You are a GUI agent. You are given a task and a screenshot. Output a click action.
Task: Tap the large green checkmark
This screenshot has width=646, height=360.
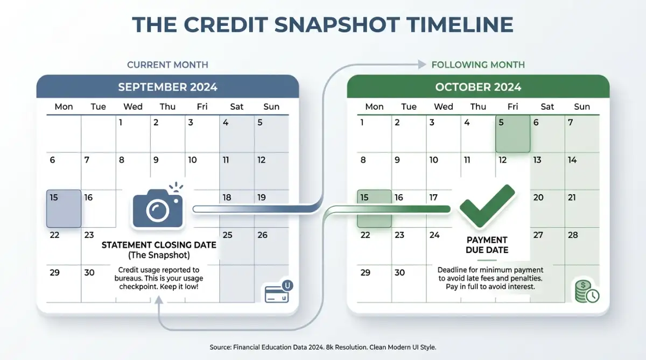pos(487,206)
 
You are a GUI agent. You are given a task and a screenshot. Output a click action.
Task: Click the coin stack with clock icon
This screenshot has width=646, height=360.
pos(587,292)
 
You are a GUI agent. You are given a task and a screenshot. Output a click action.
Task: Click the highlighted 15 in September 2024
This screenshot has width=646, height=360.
pos(64,209)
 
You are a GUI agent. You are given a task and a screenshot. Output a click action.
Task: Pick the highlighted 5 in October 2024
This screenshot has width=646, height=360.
pos(512,134)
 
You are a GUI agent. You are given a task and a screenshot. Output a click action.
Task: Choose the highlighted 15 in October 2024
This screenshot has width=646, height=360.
pos(374,209)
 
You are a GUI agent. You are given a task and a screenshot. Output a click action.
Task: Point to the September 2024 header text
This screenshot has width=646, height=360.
pos(167,87)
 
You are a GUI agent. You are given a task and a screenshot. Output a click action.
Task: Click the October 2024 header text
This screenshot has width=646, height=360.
pos(478,87)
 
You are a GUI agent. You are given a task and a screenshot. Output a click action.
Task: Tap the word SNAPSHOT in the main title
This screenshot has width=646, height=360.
pos(338,25)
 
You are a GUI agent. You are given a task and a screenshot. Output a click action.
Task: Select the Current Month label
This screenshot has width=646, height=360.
pos(167,65)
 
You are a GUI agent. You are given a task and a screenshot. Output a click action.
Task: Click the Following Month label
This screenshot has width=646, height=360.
pos(478,65)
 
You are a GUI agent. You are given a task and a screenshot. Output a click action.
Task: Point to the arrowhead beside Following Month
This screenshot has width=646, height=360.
pos(422,64)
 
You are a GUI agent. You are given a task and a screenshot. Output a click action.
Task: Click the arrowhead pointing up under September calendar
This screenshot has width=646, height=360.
pos(159,300)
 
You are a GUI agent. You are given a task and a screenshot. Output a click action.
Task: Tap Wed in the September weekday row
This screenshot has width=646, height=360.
pos(133,107)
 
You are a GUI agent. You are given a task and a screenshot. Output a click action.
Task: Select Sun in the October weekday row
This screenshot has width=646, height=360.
pos(582,107)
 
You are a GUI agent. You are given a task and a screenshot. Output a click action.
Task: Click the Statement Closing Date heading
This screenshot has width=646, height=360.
pos(159,245)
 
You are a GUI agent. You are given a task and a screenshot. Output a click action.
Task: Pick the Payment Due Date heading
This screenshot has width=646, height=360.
pos(487,245)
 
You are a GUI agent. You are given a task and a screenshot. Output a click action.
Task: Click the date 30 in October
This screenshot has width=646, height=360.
pos(399,272)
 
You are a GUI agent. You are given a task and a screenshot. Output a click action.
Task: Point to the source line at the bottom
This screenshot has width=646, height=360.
pos(323,347)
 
